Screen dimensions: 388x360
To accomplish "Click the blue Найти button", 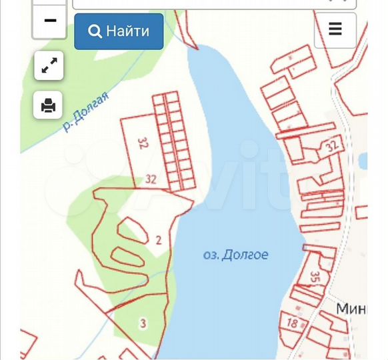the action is (x=119, y=31).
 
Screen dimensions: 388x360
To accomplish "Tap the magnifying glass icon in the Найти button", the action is (x=95, y=31).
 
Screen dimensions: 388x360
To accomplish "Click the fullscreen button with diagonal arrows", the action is (x=49, y=65).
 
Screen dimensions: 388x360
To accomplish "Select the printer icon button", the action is (x=49, y=105).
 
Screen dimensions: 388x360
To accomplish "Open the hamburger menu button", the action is (x=335, y=29).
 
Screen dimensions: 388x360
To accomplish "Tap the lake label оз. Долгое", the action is (x=235, y=255).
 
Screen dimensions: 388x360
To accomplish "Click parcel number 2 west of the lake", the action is (x=159, y=240).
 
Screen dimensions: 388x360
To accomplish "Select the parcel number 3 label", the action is (x=143, y=324).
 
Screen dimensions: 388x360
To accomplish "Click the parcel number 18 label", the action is (x=292, y=323).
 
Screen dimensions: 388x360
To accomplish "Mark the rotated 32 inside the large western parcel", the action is (x=142, y=143).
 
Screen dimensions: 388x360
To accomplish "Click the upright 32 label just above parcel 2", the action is (x=151, y=179).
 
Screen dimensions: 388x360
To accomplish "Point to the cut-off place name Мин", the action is (x=351, y=309).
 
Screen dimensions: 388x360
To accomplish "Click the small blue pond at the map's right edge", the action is (x=363, y=161).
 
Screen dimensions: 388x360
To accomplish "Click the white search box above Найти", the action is (x=213, y=3).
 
